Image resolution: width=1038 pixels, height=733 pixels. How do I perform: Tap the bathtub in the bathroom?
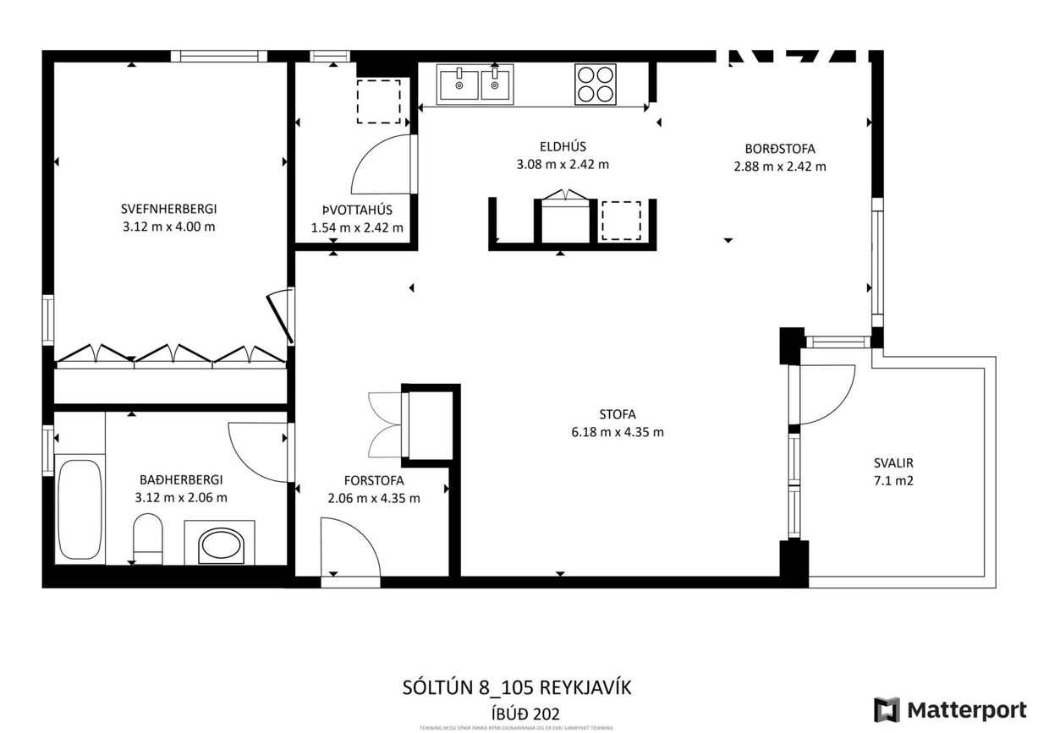coord(80,509)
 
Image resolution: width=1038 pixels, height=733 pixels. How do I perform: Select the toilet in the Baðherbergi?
coord(148,541)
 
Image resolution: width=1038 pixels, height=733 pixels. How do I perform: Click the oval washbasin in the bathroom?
coord(223,547)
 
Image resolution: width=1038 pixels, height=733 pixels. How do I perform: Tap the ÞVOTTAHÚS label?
coord(356,210)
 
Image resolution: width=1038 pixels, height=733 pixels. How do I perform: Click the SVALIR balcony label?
coord(894,463)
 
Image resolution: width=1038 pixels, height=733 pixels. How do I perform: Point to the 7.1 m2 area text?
coord(894,481)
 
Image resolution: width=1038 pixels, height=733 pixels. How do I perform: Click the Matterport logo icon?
coord(887,708)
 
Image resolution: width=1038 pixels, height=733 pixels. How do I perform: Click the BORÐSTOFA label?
coord(780,149)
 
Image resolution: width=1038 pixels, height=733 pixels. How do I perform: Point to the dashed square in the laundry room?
coord(378,101)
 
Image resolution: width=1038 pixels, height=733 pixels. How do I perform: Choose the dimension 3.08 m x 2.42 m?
coord(563,165)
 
